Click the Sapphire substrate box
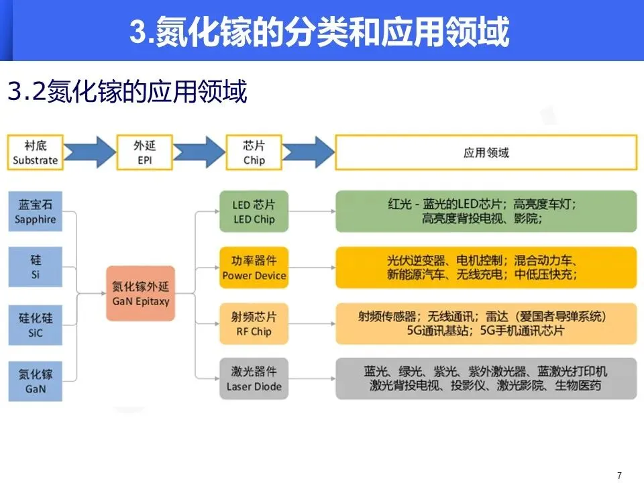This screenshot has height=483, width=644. tap(36, 211)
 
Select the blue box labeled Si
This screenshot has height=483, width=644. tap(36, 267)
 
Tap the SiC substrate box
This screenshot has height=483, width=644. tap(36, 324)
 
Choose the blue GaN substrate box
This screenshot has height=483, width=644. tap(36, 380)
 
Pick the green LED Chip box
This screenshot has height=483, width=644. tap(254, 211)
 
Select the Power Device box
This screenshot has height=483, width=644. tap(254, 267)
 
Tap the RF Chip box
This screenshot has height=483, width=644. tap(254, 323)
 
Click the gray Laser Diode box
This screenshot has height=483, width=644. tap(254, 379)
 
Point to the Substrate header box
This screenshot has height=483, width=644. tap(36, 152)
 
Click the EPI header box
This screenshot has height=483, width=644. tap(144, 152)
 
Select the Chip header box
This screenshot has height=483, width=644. tap(254, 152)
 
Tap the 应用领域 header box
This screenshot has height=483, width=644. tap(486, 152)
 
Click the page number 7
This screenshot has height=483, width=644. tap(619, 476)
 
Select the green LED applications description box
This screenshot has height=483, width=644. tap(486, 211)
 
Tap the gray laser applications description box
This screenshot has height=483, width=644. tap(486, 379)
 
